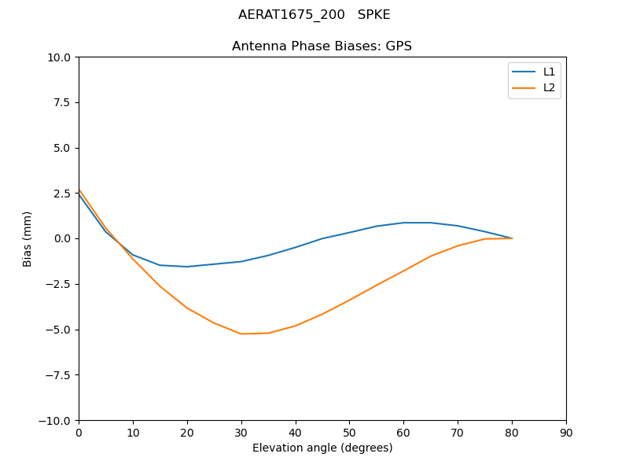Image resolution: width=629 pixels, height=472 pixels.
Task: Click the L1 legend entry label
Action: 549,72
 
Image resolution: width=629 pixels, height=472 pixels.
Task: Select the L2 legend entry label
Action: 549,87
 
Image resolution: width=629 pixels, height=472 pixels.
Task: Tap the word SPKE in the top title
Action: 374,15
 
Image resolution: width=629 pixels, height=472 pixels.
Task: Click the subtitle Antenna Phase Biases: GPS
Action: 322,46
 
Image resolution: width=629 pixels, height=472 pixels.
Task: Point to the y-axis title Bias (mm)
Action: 28,238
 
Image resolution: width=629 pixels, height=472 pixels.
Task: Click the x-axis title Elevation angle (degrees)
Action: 322,448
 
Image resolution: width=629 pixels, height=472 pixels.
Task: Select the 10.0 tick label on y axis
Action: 58,57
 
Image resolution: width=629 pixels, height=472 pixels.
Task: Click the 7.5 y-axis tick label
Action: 61,102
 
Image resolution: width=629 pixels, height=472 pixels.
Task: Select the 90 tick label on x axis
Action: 566,433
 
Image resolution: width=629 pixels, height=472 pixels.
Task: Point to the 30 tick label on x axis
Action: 241,433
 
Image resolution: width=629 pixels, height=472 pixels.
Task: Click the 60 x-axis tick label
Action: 403,433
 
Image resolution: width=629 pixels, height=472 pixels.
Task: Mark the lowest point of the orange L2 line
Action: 241,334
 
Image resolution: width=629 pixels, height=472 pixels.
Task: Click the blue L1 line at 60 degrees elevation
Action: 403,223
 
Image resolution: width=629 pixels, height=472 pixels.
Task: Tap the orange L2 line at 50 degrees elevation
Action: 349,300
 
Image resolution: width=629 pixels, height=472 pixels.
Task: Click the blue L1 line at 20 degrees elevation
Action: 187,267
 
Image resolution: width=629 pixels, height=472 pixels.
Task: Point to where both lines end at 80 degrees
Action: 512,238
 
